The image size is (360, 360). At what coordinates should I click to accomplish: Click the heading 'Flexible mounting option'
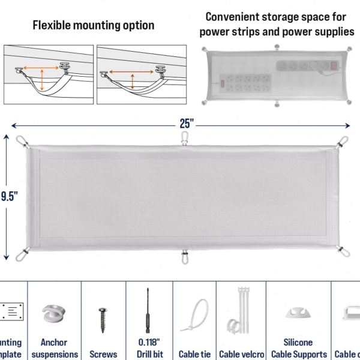pyautogui.click(x=93, y=25)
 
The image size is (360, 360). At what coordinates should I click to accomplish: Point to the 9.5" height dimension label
pyautogui.click(x=8, y=196)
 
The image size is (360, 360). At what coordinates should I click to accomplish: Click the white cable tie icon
pyautogui.click(x=196, y=316)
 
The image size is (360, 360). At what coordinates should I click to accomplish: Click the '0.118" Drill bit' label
pyautogui.click(x=149, y=348)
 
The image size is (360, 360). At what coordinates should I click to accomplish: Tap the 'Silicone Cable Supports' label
pyautogui.click(x=299, y=348)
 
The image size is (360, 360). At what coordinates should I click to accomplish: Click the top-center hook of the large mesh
pyautogui.click(x=184, y=139)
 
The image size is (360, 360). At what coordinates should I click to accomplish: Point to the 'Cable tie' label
pyautogui.click(x=194, y=354)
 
